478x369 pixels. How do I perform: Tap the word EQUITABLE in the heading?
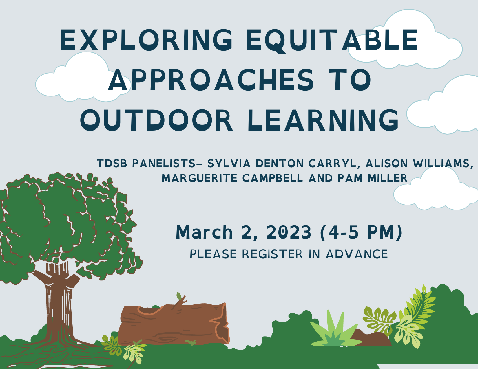(x=332, y=41)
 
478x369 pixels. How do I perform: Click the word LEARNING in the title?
(x=323, y=120)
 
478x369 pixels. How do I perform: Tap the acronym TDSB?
(x=112, y=163)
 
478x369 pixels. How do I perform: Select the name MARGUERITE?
(x=200, y=178)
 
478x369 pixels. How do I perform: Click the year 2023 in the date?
(x=289, y=232)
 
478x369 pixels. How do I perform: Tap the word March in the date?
(x=204, y=232)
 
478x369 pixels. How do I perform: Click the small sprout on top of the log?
(x=181, y=299)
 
